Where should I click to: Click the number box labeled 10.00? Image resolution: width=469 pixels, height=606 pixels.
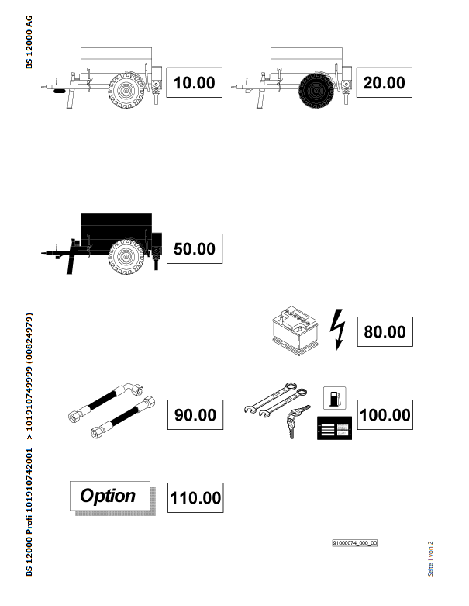point(194,82)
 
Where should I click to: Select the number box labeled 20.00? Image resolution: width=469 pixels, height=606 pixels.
point(384,82)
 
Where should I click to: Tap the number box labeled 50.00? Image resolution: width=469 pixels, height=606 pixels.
point(195,248)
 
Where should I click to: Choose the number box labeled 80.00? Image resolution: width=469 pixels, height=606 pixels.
point(385,331)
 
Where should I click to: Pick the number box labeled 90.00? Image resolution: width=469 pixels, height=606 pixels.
point(195,414)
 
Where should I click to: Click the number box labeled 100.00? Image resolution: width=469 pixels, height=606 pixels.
point(385,414)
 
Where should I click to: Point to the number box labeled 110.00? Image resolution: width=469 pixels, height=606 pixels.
point(195,498)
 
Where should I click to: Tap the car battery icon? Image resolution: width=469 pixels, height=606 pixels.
point(295,331)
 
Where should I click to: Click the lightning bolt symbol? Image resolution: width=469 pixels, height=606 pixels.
point(337,329)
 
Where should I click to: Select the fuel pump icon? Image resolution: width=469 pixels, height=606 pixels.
point(334,398)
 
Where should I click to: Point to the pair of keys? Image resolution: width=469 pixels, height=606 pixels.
point(296,421)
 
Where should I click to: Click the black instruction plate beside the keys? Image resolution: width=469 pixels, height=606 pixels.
point(334,428)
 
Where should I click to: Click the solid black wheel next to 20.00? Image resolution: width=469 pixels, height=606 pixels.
point(316,91)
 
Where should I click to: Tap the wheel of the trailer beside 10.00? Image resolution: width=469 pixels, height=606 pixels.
point(126,91)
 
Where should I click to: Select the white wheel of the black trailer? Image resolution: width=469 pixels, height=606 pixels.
point(126,257)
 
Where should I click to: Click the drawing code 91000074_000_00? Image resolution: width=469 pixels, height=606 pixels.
point(355,543)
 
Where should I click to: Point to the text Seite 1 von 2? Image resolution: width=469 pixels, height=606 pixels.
point(430,559)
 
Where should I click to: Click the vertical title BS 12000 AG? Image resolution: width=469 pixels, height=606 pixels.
point(29,42)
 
